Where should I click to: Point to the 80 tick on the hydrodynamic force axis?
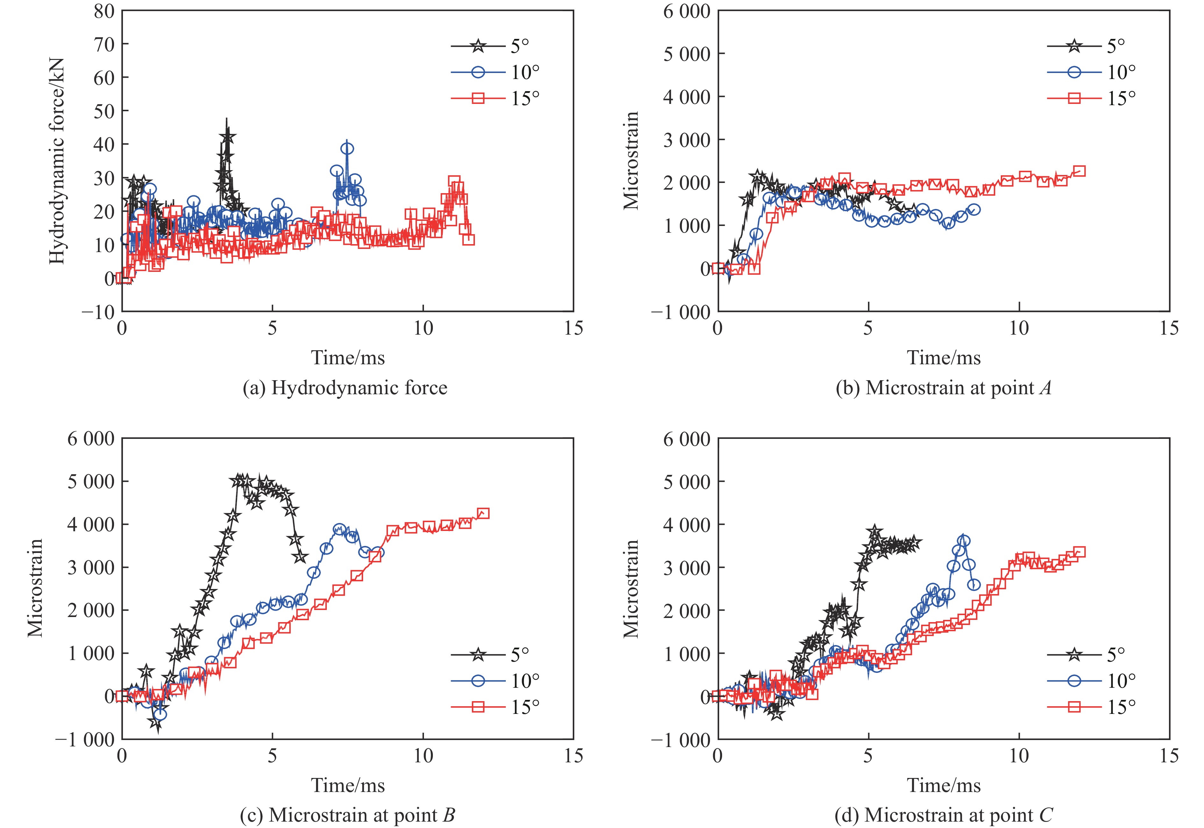point(104,11)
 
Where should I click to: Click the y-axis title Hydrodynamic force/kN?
point(57,161)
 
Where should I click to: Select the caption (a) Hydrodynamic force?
point(345,388)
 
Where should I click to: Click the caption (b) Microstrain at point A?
point(943,388)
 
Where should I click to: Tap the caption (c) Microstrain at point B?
point(348,815)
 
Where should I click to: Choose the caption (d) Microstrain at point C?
point(943,815)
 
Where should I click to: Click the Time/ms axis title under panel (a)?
point(348,358)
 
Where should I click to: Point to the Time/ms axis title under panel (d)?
point(944,785)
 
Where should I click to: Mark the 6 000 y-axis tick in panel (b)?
point(686,11)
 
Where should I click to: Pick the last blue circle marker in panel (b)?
point(974,210)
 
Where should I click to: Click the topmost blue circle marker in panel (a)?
point(348,149)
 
